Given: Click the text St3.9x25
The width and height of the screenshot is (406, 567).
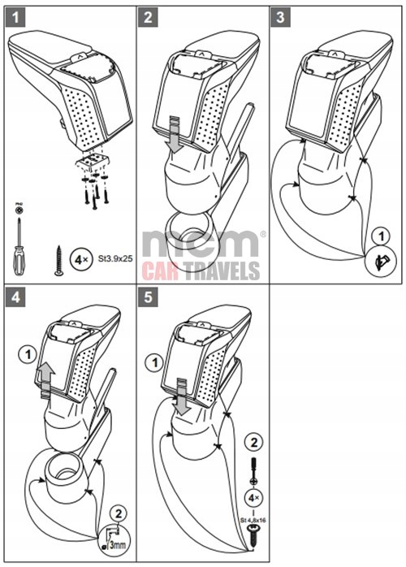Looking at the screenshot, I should pyautogui.click(x=115, y=262).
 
